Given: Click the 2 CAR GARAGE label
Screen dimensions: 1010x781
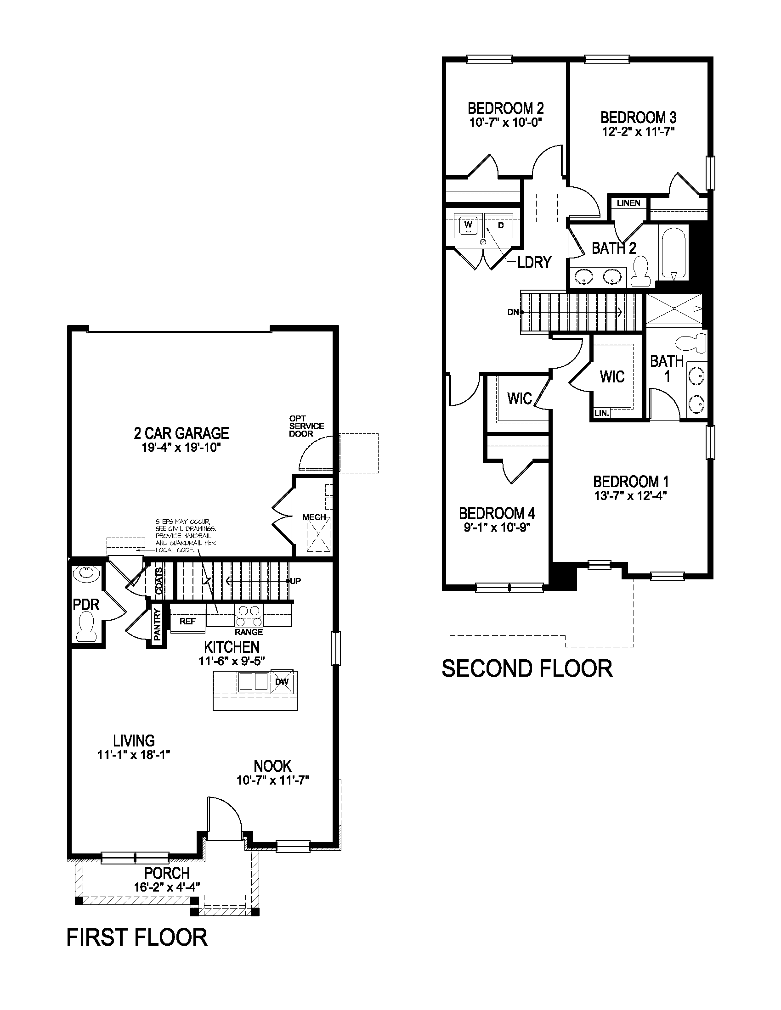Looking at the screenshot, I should coord(181,433).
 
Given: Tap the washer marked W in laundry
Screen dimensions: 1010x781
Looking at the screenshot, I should coord(468,226).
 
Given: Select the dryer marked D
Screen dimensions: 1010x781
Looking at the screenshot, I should coord(500,225).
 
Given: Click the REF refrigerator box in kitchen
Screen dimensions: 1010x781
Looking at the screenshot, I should coord(187,621).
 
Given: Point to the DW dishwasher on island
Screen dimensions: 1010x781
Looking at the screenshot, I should coord(282,681).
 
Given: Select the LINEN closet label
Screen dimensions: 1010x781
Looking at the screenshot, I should coord(628,203).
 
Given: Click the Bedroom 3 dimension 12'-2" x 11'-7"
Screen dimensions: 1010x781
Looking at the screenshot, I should coord(638,131).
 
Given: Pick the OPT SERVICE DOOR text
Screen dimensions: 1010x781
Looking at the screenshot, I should coord(306,426).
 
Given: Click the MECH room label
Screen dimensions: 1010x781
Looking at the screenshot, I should coord(314,517).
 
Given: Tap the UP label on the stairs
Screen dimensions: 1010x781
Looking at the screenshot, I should coord(295,581).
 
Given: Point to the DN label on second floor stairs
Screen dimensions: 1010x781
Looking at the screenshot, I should coord(513,312).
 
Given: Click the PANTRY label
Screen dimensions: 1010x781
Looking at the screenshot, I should coord(157,624).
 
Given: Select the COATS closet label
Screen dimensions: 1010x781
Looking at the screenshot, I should coord(158,580).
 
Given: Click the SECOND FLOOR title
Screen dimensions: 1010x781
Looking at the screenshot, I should coord(526,668).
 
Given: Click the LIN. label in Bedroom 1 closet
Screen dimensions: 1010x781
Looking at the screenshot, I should coord(601,413).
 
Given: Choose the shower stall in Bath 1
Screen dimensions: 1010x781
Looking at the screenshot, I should coord(673,309).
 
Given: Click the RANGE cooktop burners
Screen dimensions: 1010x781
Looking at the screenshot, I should coord(249,616).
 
